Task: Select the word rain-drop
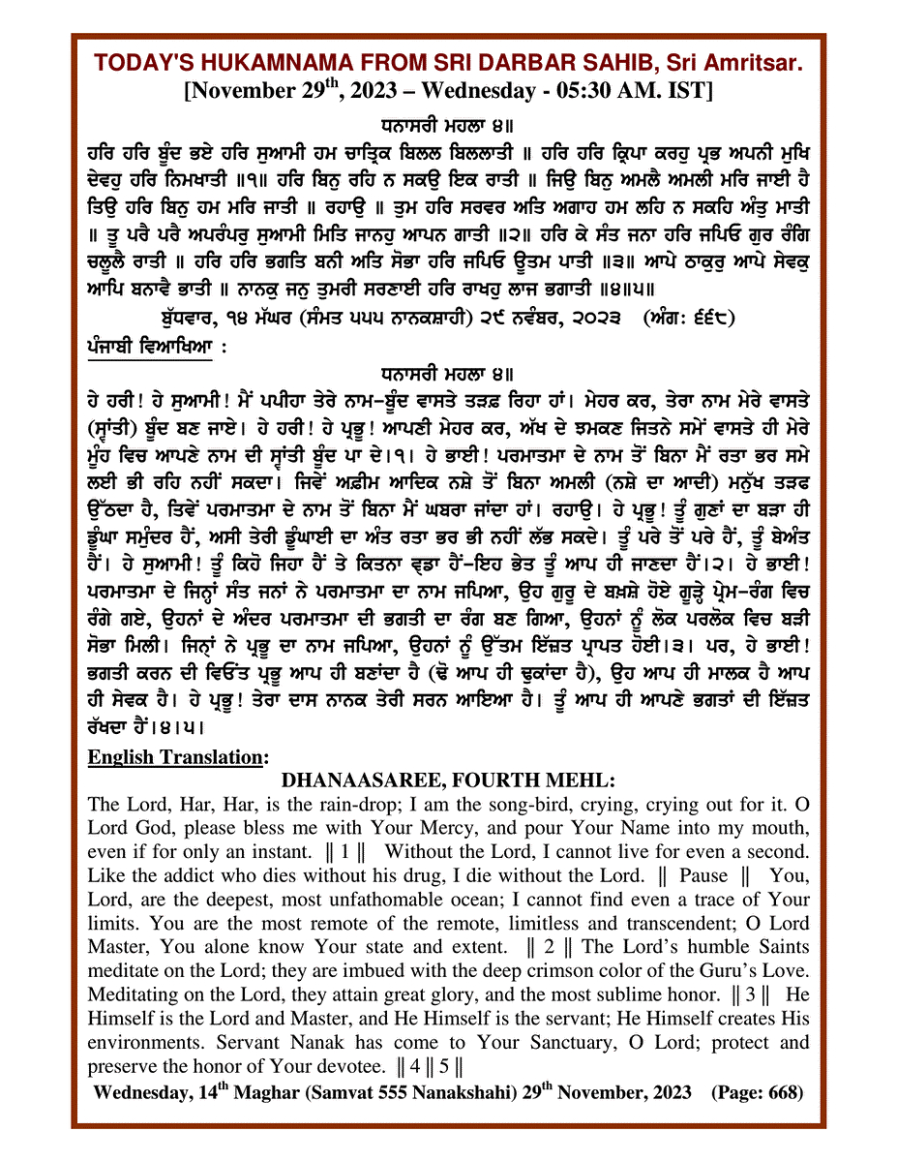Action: pyautogui.click(x=345, y=804)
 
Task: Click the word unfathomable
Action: pyautogui.click(x=317, y=900)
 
